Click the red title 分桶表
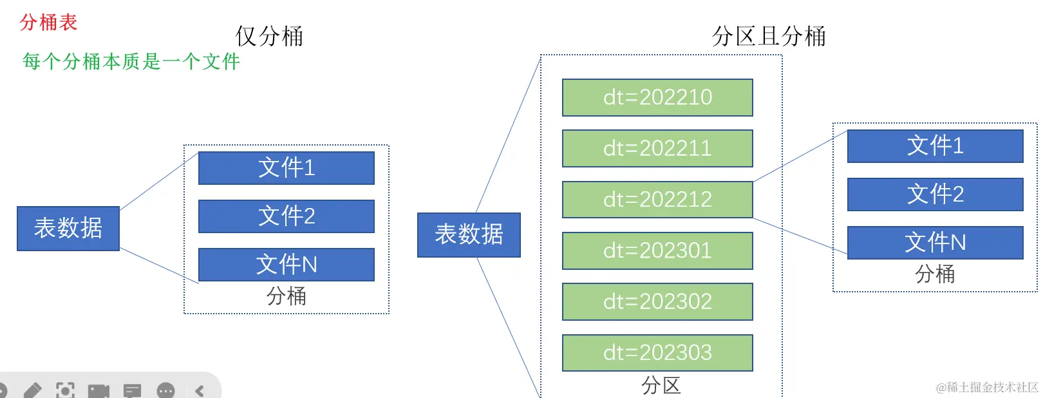[48, 23]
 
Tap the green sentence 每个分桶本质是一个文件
[131, 61]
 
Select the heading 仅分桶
[269, 36]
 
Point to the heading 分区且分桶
[769, 36]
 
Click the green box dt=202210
[657, 97]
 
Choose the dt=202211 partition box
[657, 148]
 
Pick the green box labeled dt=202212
[657, 200]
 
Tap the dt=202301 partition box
[657, 251]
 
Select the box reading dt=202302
[657, 301]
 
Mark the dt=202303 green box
[657, 352]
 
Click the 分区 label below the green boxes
[661, 385]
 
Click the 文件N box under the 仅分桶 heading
[287, 265]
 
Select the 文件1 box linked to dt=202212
[935, 146]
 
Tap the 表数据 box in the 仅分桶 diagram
[68, 228]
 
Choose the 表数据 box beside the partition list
[469, 234]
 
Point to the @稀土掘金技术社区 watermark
[986, 387]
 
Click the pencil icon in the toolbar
[32, 390]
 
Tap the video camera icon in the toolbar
[99, 390]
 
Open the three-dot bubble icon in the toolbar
[165, 390]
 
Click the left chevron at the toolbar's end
[200, 390]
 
